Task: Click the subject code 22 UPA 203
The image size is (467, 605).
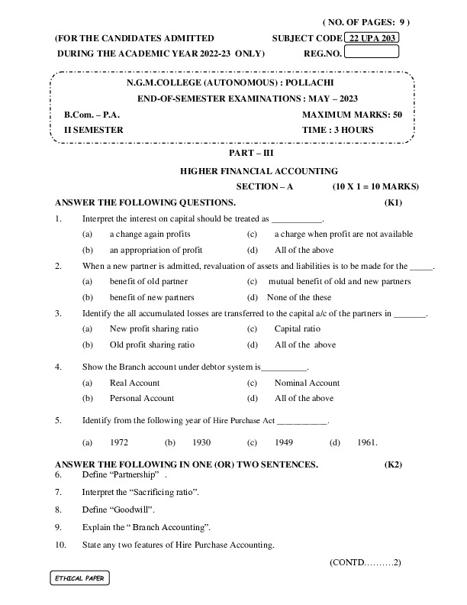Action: click(372, 37)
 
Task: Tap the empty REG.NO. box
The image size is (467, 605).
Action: click(372, 53)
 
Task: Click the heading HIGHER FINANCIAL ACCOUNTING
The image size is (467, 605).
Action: click(259, 171)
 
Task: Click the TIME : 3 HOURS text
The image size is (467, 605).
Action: click(338, 130)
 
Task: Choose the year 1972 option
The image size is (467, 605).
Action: click(118, 442)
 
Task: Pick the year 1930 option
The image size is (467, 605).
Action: click(201, 442)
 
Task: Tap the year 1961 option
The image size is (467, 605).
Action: click(367, 442)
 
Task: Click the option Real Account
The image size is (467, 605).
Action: click(134, 383)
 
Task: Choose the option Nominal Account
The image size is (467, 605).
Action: click(307, 383)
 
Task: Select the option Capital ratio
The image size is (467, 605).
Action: click(297, 328)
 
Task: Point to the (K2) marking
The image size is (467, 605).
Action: click(394, 464)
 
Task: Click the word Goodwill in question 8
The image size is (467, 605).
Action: click(133, 509)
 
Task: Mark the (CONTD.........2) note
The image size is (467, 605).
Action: click(365, 562)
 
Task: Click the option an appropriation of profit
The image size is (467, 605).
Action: click(156, 250)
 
